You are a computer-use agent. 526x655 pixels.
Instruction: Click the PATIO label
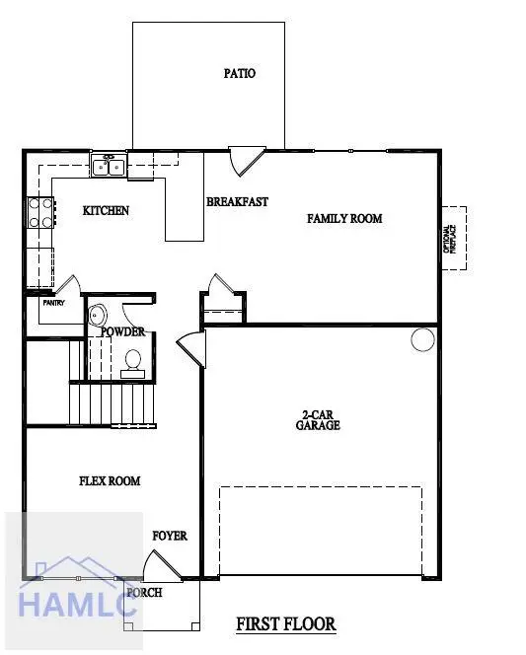(240, 73)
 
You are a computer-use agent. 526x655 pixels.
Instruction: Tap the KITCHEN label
(106, 211)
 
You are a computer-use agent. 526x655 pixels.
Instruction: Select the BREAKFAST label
(237, 202)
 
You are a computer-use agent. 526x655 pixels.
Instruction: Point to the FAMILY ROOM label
(343, 219)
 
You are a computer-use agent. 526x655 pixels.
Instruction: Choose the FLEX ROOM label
(110, 481)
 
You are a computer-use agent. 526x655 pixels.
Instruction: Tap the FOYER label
(170, 537)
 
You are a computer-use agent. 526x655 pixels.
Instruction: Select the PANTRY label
(53, 303)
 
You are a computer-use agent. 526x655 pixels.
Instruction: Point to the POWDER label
(123, 332)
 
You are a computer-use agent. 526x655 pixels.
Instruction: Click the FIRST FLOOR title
(286, 624)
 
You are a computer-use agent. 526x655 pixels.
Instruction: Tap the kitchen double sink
(108, 165)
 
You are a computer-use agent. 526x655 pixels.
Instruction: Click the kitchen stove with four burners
(40, 213)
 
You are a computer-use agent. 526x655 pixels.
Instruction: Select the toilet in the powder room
(133, 362)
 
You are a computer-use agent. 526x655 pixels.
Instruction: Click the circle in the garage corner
(421, 340)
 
